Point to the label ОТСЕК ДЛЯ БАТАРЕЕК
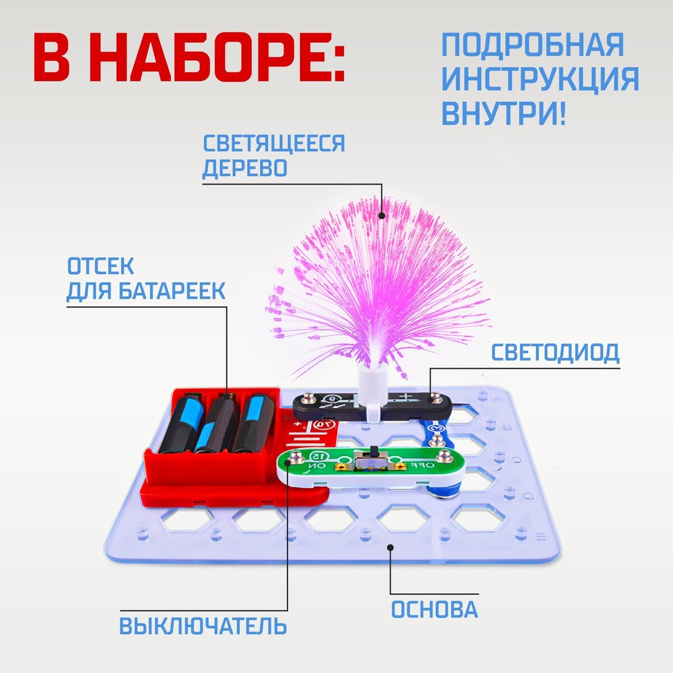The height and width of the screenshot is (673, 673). pos(146,279)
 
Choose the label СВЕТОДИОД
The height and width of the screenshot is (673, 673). pos(555,352)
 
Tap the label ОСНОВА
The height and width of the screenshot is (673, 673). pos(434,610)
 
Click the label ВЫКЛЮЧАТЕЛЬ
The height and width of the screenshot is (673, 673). pos(203,626)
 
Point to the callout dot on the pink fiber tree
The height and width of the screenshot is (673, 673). pos(382,215)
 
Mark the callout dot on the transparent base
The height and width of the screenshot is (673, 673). pos(391,547)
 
